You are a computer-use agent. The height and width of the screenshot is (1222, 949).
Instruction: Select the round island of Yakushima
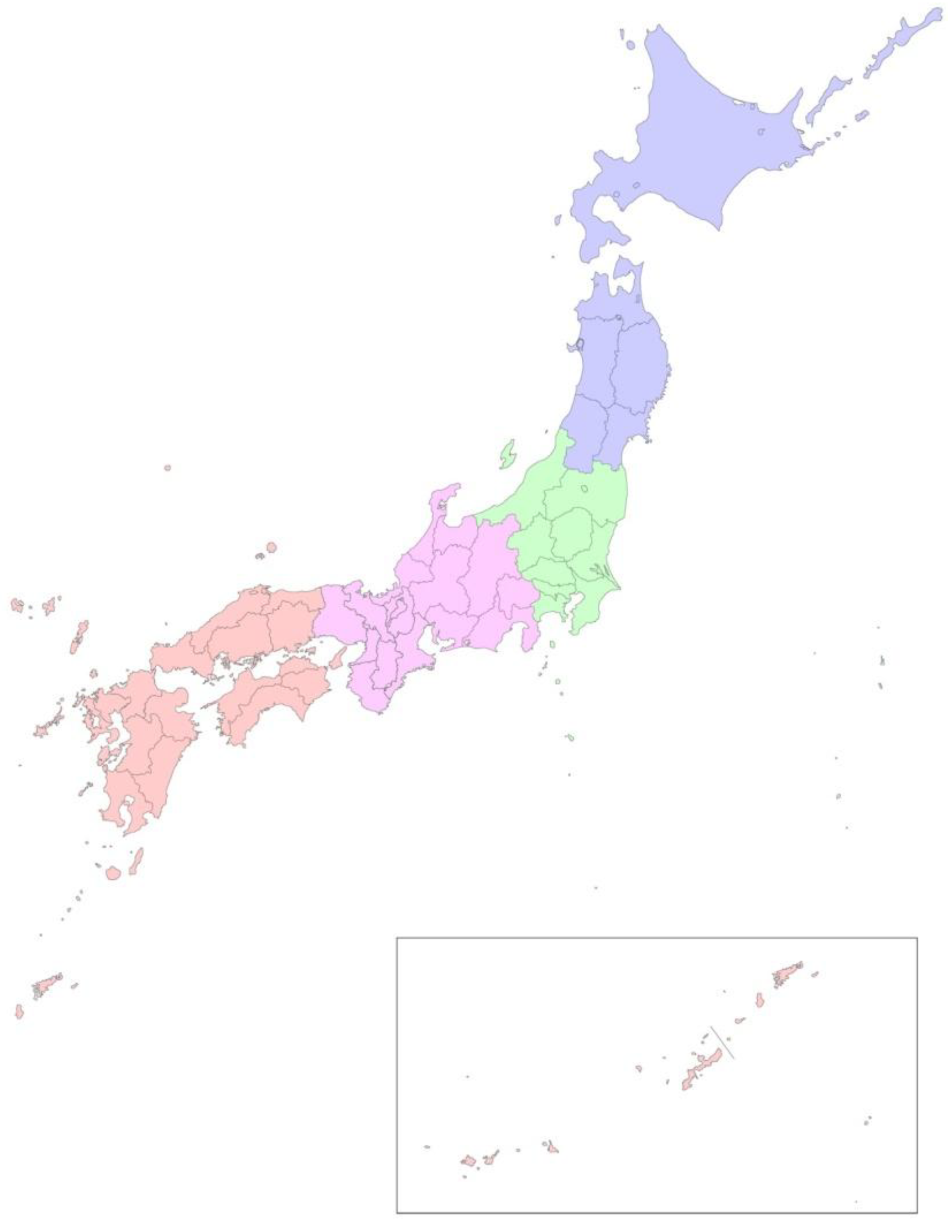click(x=114, y=873)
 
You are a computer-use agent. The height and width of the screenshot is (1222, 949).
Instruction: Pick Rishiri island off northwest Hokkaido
click(x=630, y=44)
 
